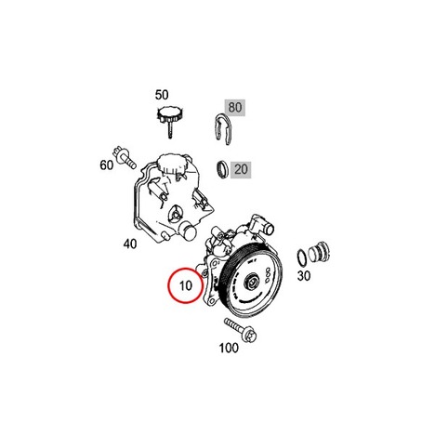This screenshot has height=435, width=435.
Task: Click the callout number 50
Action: (x=162, y=95)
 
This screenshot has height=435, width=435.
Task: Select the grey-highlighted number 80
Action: (x=235, y=108)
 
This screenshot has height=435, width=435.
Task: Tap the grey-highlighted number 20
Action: (x=241, y=169)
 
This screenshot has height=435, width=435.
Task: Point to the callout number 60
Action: (x=107, y=165)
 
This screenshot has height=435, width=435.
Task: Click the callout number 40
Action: (x=130, y=244)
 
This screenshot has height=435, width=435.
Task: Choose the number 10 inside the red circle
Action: (x=186, y=285)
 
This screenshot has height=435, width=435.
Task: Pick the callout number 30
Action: (x=304, y=275)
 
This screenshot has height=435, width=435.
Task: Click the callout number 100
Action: (x=229, y=348)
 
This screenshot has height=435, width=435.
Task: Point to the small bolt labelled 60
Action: (x=125, y=157)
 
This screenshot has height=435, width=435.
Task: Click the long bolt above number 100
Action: (x=241, y=330)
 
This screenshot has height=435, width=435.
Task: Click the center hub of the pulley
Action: (x=251, y=283)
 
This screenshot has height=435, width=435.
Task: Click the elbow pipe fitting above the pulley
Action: (x=262, y=226)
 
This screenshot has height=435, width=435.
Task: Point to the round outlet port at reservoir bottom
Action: (x=189, y=231)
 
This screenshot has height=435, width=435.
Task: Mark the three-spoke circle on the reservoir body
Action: (x=177, y=214)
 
